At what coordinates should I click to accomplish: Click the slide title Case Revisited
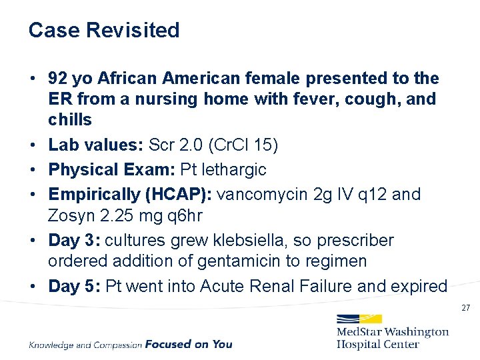[104, 31]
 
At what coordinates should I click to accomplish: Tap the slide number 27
[466, 308]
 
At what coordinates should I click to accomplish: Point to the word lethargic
[233, 170]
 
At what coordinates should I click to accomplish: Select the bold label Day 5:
[75, 286]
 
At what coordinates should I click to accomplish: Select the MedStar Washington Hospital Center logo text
[392, 338]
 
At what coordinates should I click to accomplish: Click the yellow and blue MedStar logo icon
[358, 319]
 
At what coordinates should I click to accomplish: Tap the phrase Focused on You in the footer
[189, 344]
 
